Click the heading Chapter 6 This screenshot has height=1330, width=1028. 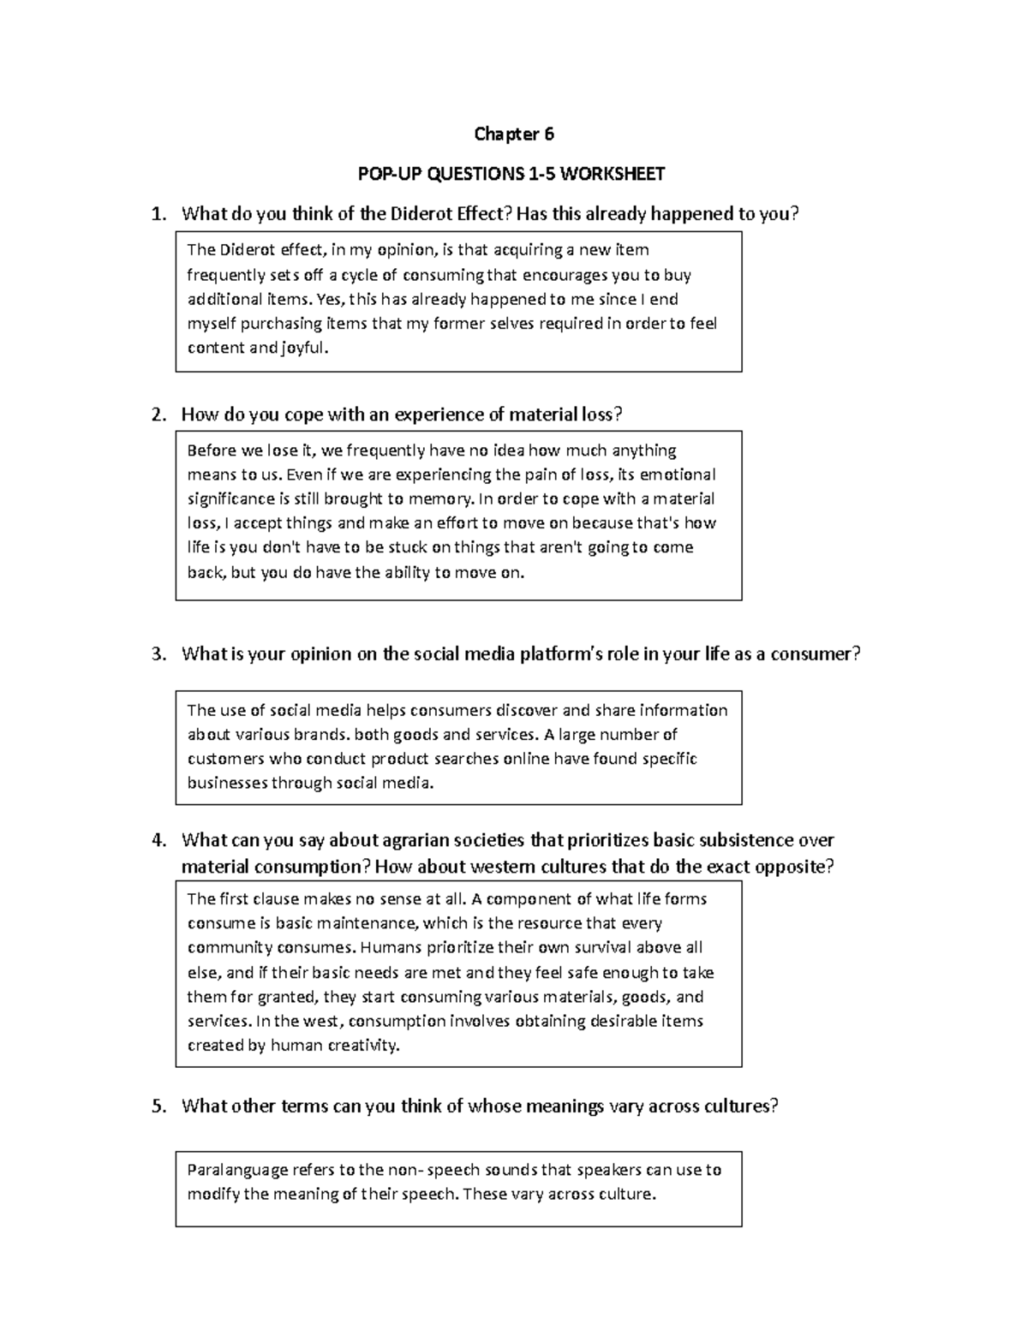point(514,134)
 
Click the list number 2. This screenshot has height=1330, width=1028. point(158,415)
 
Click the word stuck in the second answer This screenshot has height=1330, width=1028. point(389,548)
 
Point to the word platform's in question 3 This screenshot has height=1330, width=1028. point(565,655)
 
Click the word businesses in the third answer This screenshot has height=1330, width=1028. point(226,784)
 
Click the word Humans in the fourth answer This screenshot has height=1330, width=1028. point(388,948)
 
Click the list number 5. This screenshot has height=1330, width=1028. point(158,1106)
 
